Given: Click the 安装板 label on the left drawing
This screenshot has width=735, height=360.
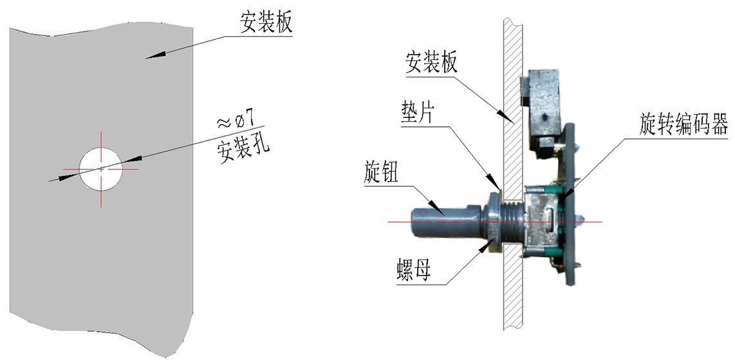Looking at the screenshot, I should tap(266, 23).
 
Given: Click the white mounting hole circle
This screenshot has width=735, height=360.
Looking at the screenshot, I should tap(101, 168).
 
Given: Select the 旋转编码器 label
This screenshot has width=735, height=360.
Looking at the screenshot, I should tap(684, 124).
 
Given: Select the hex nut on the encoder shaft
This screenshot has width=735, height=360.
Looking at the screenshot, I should tap(492, 219).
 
